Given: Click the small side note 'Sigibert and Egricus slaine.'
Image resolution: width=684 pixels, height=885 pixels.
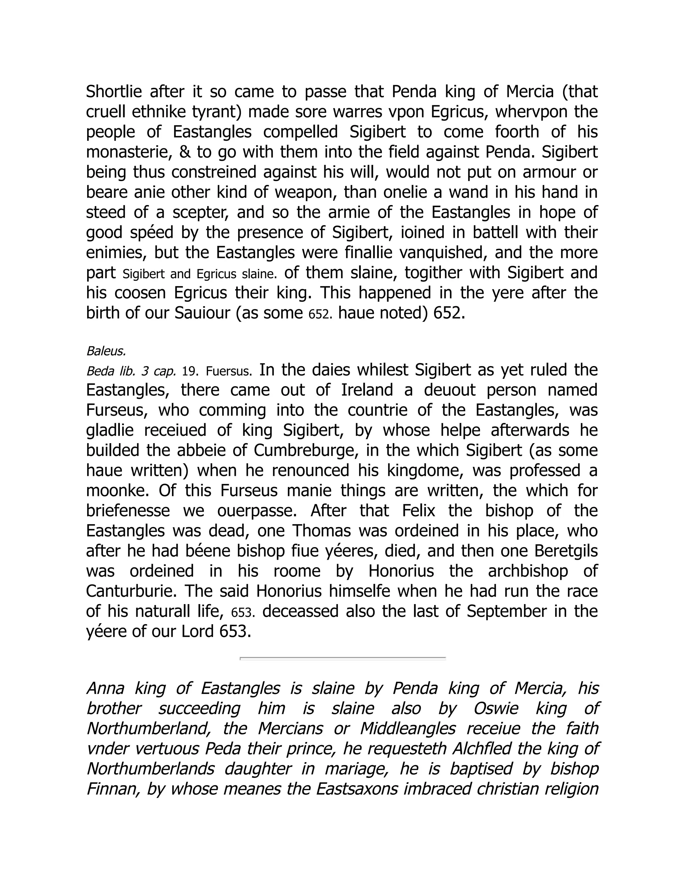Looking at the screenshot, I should pyautogui.click(x=199, y=274).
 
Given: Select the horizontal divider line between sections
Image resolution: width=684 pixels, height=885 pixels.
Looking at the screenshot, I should pyautogui.click(x=343, y=659).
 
